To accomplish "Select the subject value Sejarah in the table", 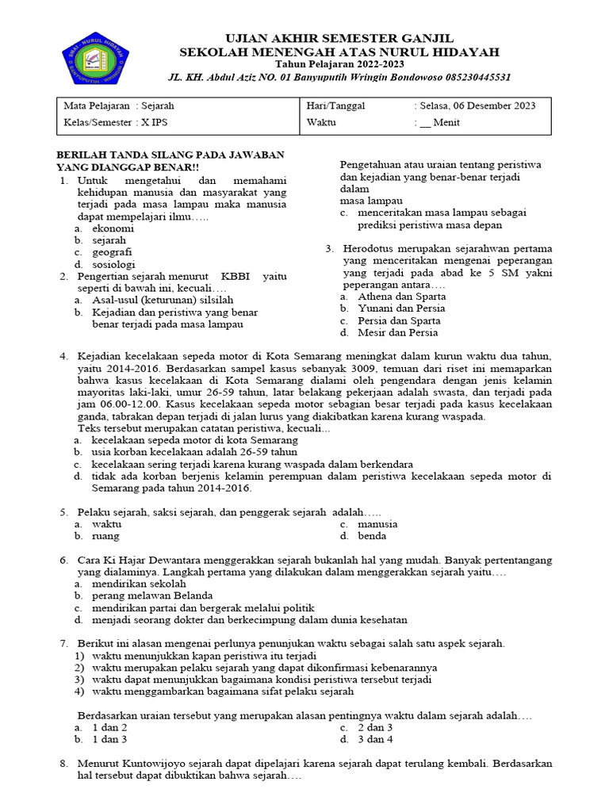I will click(158, 105).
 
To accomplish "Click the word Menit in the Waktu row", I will click(446, 123).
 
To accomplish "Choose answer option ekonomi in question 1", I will click(113, 228).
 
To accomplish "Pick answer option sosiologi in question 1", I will click(114, 264).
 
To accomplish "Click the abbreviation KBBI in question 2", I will click(236, 276).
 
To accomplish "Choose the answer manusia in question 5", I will click(377, 524).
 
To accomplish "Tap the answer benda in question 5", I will click(372, 536).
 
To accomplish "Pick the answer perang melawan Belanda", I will click(152, 596).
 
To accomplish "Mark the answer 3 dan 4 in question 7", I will click(375, 739).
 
